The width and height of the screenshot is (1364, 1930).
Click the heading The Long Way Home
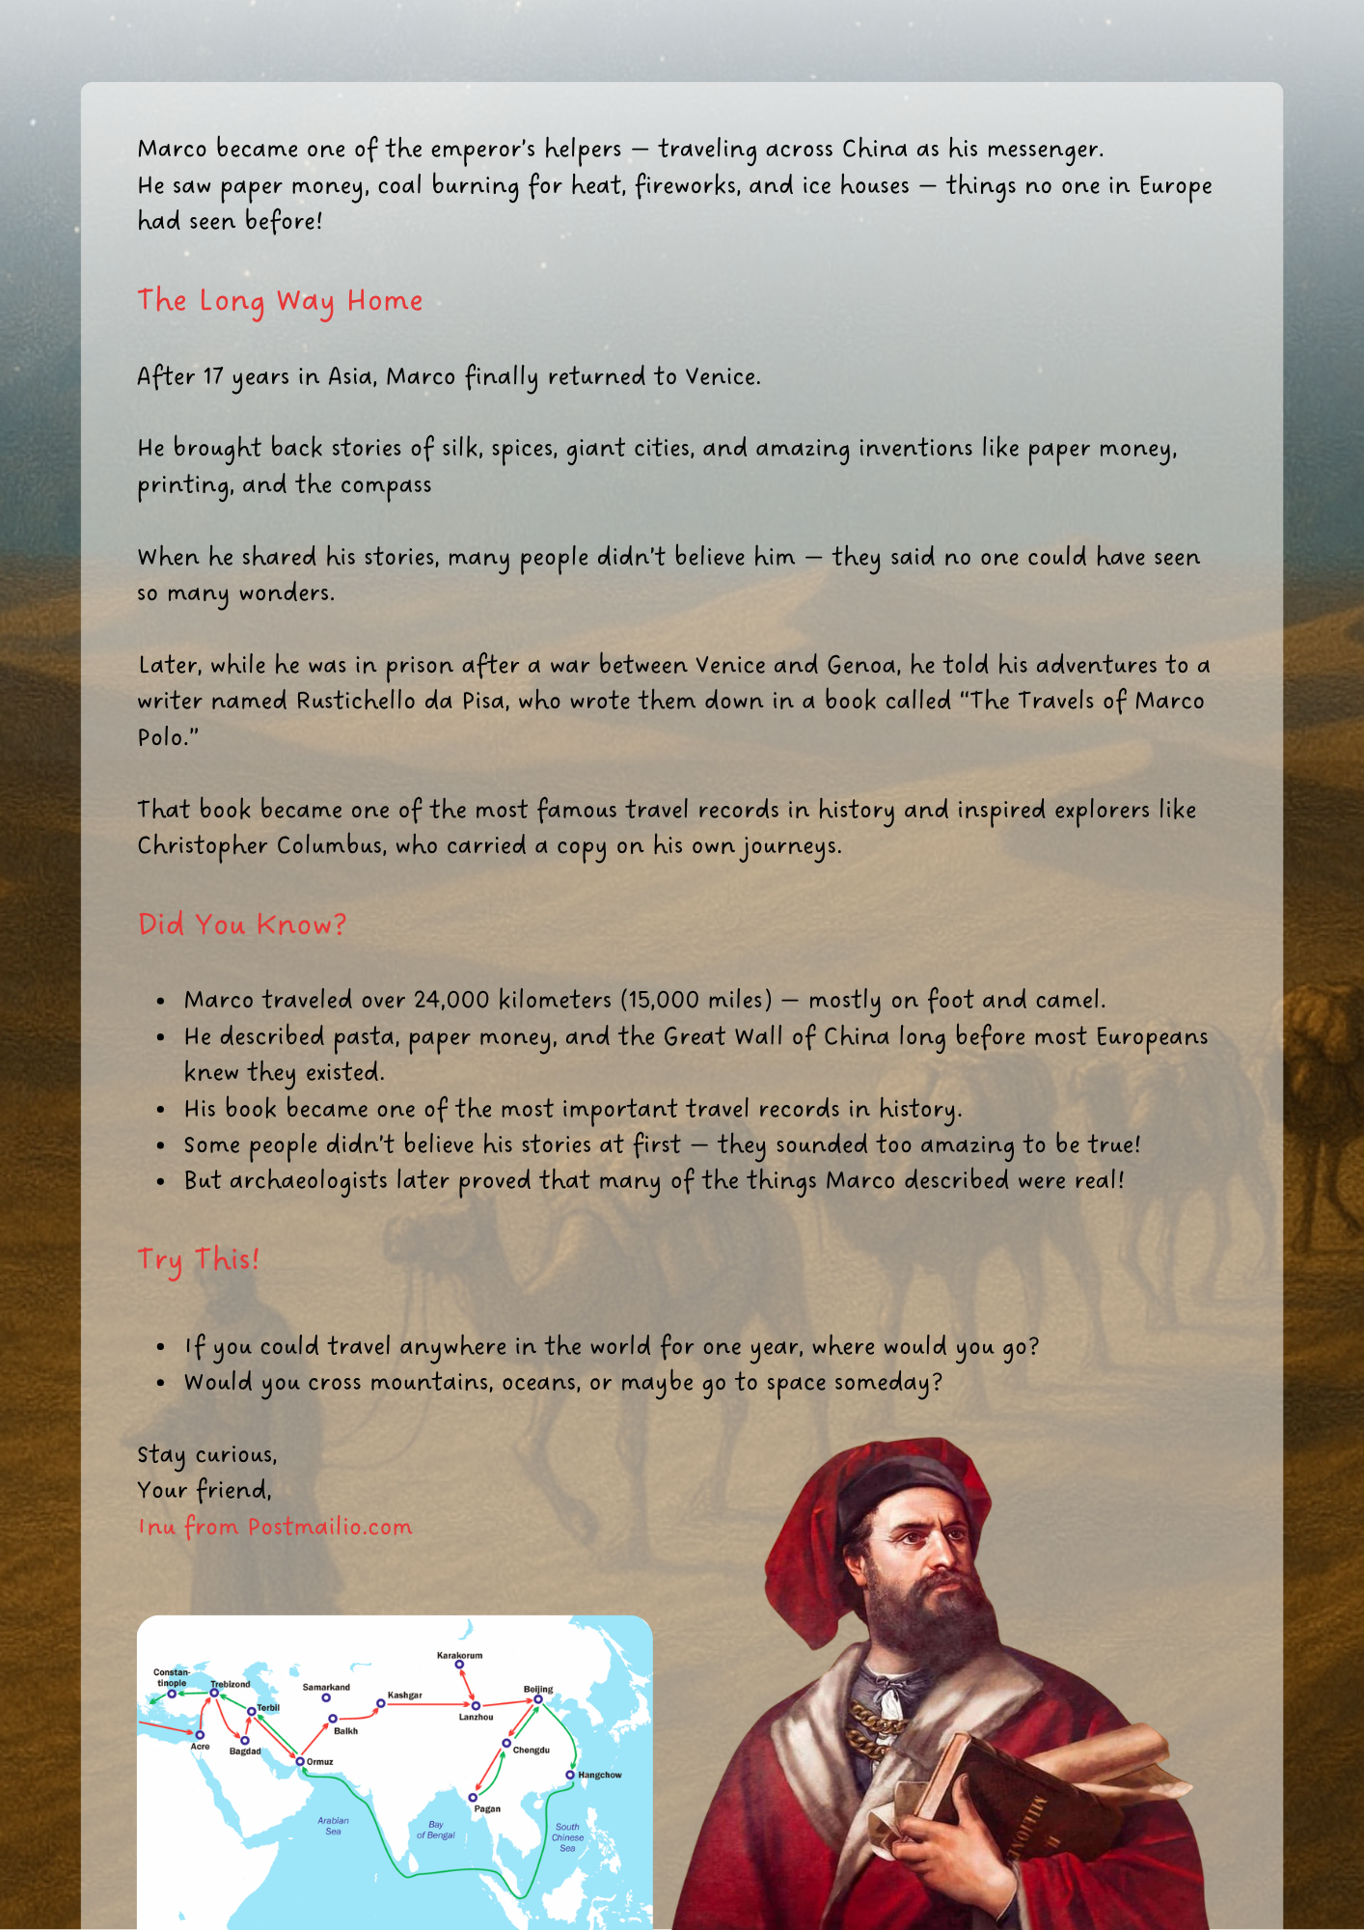[x=280, y=301]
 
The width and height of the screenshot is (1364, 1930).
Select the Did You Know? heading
[x=242, y=924]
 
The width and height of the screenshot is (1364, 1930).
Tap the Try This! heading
[x=198, y=1259]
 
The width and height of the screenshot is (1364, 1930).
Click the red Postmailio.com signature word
[x=330, y=1527]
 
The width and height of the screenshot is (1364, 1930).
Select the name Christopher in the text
[x=203, y=846]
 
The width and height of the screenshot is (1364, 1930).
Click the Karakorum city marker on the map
[x=459, y=1665]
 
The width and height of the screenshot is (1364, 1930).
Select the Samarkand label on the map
[x=326, y=1687]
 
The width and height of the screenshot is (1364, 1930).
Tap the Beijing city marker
[x=538, y=1699]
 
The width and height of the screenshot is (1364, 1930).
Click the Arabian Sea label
[x=333, y=1826]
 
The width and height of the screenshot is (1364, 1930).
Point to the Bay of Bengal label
[x=436, y=1830]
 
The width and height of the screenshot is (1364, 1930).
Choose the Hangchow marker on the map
[x=570, y=1775]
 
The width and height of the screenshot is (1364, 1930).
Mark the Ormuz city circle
[x=300, y=1761]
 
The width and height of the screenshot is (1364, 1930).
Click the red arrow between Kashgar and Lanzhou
[x=429, y=1704]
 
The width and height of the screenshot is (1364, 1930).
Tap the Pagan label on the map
[x=487, y=1808]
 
